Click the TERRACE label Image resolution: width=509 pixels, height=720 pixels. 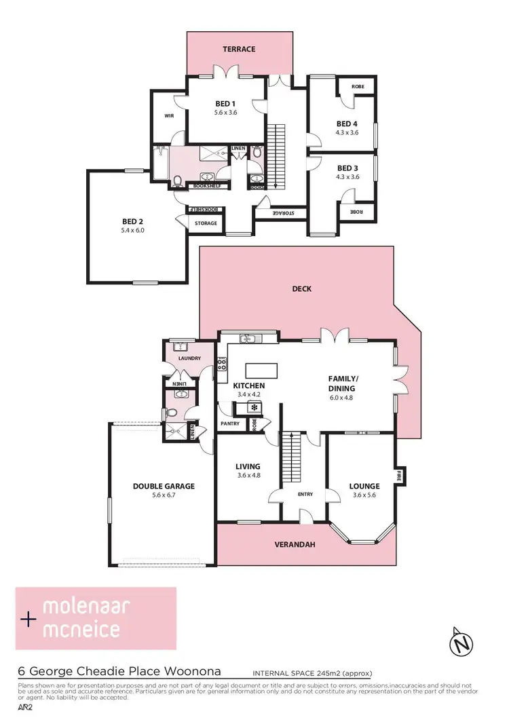coord(240,50)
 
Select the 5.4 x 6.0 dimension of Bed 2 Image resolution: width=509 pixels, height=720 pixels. coord(133,231)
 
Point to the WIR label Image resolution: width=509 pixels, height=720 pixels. coord(169,116)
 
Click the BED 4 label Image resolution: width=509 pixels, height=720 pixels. coord(347,124)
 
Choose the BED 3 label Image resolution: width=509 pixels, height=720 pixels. coord(347,168)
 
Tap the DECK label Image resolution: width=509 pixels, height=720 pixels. coord(302,289)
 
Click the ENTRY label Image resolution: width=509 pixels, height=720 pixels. coord(305,494)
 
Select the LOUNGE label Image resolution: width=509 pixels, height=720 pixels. coord(364,486)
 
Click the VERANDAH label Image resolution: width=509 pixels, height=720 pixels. coord(297,545)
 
